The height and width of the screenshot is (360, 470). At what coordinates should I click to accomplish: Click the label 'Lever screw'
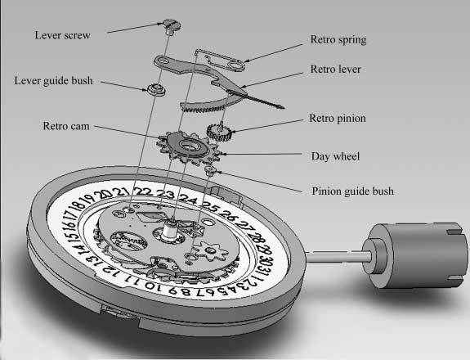point(62,35)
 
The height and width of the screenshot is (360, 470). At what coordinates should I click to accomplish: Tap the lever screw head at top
point(172,25)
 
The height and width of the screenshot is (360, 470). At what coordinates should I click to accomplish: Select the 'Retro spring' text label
point(338,40)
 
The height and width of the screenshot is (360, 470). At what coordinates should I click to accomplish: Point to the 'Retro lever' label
point(335,69)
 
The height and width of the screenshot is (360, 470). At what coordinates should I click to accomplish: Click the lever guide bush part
point(156,89)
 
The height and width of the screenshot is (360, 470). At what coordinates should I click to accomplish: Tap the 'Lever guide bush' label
point(54,81)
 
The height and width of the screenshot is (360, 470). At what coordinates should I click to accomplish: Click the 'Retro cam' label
point(66,126)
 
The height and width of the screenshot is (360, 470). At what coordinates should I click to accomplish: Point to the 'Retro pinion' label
point(338,118)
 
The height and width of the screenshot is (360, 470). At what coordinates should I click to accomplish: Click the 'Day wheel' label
point(335,156)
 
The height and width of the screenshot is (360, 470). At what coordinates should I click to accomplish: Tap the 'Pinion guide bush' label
point(353,191)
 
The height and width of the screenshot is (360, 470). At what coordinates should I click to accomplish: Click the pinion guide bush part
point(210,170)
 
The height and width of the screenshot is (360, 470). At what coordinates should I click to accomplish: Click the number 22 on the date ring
point(143,191)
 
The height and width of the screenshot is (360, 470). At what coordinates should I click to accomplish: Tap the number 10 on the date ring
point(153,286)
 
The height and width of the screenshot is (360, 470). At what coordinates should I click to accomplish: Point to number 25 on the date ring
point(210,205)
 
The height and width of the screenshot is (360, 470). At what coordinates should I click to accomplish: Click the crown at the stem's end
point(415,255)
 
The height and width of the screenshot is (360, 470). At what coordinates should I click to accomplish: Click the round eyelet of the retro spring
point(236,65)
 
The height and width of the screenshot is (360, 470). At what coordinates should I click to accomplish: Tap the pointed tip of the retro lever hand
point(284,107)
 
